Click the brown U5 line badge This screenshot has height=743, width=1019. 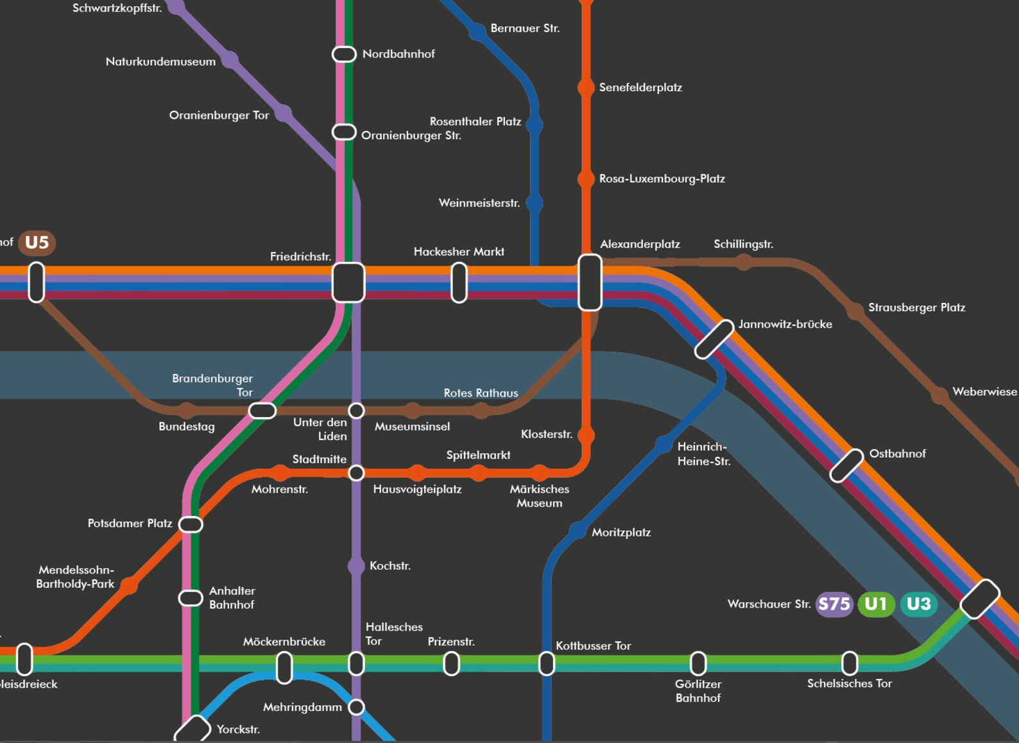[37, 243]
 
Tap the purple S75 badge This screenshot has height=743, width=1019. [834, 604]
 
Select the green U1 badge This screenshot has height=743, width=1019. [876, 604]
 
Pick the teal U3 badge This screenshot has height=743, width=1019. [918, 604]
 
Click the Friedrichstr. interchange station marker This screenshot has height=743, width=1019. [348, 282]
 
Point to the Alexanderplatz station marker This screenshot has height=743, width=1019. [590, 282]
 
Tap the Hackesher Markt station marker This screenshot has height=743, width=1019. [459, 282]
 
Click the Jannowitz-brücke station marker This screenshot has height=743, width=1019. [714, 339]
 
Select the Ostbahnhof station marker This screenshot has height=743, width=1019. [846, 466]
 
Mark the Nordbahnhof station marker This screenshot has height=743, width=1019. [344, 54]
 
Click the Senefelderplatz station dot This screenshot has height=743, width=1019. [586, 87]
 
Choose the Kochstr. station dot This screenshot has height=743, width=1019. [356, 566]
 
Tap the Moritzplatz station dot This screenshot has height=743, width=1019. [578, 531]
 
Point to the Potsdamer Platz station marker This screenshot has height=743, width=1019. [191, 524]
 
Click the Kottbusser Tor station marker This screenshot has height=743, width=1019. [546, 663]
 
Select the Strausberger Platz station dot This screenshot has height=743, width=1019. [855, 311]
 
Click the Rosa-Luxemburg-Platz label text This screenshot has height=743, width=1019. [662, 178]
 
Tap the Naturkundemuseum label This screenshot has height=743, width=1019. [160, 62]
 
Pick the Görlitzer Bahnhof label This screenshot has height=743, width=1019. [698, 691]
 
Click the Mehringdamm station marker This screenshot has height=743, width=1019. [356, 707]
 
